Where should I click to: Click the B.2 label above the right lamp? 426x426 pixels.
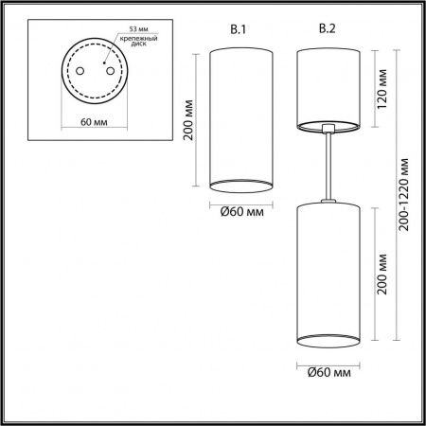click(328, 29)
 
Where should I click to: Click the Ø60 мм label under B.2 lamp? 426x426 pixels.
click(328, 374)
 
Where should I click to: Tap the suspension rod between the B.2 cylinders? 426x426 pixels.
click(327, 166)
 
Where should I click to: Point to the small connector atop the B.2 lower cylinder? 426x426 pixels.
click(327, 200)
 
